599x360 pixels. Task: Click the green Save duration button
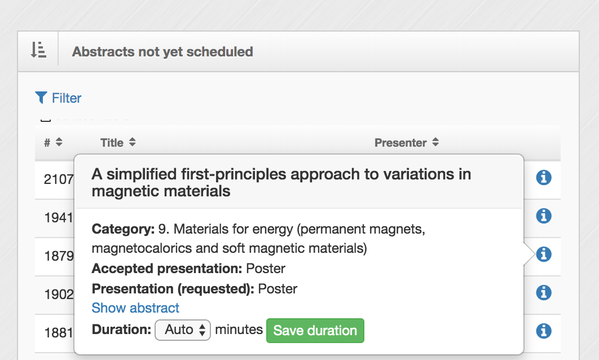[x=315, y=331]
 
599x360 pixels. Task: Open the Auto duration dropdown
[x=183, y=330]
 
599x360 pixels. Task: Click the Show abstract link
[x=135, y=308]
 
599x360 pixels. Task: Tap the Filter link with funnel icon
[x=58, y=98]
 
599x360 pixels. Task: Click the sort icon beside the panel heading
[x=38, y=50]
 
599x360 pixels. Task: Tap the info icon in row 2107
[x=544, y=177]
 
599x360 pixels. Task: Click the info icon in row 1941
[x=544, y=216]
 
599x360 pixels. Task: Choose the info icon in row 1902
[x=544, y=293]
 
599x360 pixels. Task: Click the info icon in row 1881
[x=544, y=331]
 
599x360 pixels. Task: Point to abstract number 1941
[x=59, y=218]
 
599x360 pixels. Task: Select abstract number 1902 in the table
[x=59, y=295]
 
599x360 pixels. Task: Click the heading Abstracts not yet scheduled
[x=163, y=51]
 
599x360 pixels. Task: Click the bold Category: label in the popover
[x=123, y=229]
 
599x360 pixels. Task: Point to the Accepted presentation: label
[x=167, y=269]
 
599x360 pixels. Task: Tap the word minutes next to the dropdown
[x=239, y=330]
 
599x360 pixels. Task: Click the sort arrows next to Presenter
[x=435, y=142]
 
